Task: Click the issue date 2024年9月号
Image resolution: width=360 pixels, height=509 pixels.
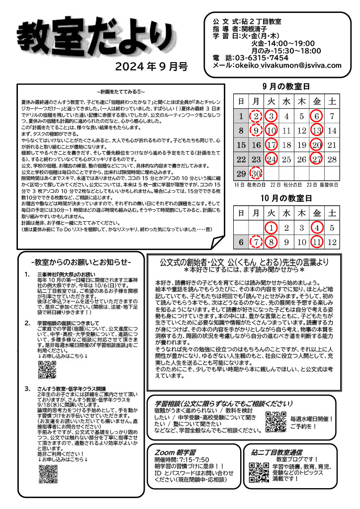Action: tap(152, 66)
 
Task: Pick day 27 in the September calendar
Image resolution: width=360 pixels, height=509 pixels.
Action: tap(317, 160)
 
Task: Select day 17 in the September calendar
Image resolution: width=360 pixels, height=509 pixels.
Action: tap(271, 146)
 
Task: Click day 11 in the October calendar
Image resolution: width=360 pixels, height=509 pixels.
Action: tap(317, 243)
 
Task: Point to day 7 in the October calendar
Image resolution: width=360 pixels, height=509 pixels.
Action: tap(256, 243)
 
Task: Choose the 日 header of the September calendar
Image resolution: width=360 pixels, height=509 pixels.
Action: tap(241, 102)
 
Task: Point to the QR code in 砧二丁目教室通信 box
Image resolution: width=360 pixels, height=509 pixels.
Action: tap(259, 473)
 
